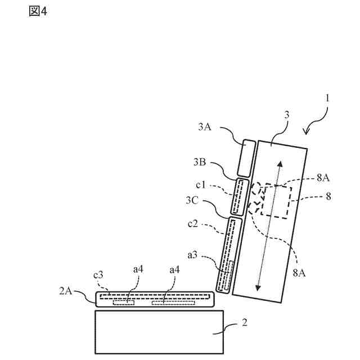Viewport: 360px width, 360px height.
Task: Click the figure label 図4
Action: coord(38,12)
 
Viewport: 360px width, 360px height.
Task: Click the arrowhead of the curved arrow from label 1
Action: coord(305,133)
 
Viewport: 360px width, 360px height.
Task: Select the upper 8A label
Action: coord(322,178)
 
